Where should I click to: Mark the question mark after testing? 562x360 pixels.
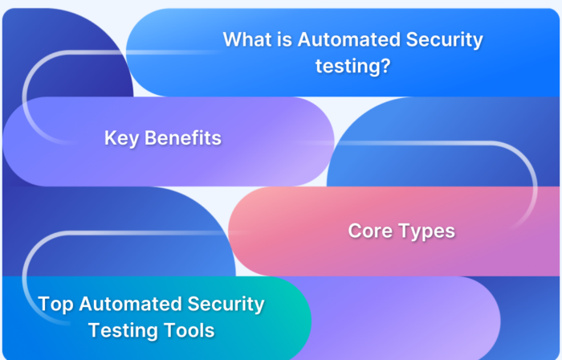coord(385,66)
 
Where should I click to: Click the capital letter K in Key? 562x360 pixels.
coord(110,138)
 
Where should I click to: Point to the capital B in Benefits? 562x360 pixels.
coord(150,138)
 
